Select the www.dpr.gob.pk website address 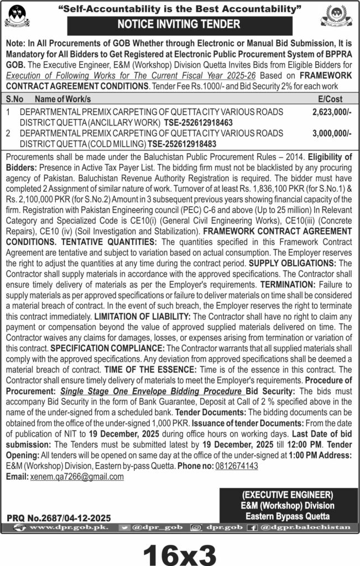coord(62,528)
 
